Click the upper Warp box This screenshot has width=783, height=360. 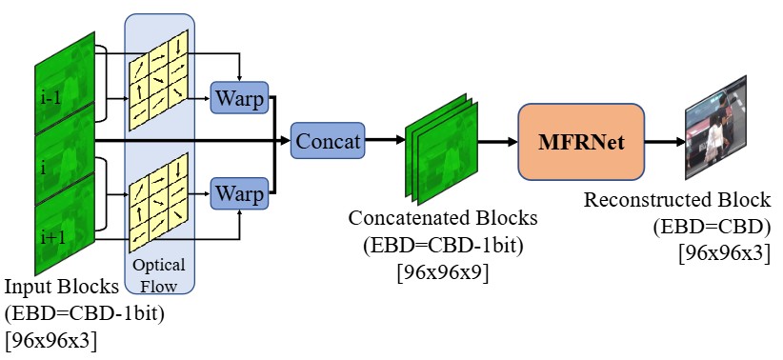click(240, 97)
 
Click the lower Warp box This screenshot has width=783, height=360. click(240, 193)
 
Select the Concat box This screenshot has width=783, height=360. click(328, 141)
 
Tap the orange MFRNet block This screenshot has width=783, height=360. click(581, 142)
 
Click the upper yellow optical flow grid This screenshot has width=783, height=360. click(158, 80)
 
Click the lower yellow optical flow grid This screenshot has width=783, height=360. click(158, 202)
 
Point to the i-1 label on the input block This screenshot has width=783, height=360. click(50, 98)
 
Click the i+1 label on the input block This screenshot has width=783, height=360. click(53, 237)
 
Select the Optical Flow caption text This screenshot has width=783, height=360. click(159, 274)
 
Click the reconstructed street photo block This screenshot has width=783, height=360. click(715, 128)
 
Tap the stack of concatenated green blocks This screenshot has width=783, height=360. click(441, 149)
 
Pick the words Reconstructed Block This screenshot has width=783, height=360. click(677, 200)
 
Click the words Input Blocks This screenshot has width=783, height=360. click(62, 287)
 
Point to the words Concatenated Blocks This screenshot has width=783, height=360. click(443, 218)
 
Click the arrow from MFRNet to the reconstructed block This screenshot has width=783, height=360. click(665, 142)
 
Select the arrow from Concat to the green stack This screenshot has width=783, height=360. click(385, 141)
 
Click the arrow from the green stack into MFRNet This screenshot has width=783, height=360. click(498, 142)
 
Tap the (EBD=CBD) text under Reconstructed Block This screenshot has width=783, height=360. click(712, 228)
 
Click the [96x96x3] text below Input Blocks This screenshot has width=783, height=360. click(50, 342)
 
